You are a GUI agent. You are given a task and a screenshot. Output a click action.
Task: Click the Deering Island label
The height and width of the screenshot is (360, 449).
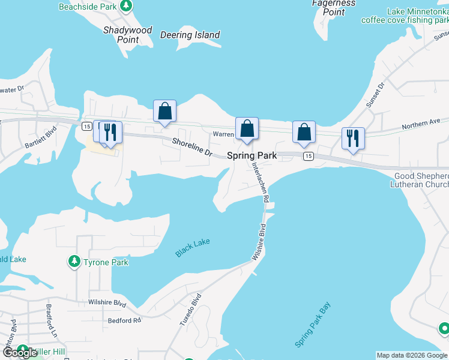(190, 35)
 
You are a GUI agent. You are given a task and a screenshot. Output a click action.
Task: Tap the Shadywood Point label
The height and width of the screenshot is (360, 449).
(127, 35)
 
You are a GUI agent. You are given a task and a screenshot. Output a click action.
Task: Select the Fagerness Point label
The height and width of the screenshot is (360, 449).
(334, 7)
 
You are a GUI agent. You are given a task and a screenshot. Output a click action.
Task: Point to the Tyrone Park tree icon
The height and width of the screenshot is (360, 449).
(74, 262)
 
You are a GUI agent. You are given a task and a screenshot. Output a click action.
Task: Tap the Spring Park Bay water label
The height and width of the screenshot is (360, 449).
(313, 325)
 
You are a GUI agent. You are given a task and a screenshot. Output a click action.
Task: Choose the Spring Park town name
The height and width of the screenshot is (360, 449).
(252, 155)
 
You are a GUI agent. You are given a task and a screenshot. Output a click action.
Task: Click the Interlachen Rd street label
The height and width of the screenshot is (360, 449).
(260, 179)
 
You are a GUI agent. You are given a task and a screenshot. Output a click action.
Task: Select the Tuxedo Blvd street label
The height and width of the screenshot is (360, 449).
(190, 310)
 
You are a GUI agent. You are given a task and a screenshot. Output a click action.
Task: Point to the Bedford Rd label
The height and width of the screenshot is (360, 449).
(124, 320)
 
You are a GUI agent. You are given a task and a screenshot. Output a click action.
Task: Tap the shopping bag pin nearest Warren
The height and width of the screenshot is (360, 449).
(247, 129)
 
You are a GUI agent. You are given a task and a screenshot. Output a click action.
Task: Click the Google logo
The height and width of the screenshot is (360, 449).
(20, 353)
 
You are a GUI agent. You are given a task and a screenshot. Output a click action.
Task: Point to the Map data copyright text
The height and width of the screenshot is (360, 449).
(412, 355)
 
